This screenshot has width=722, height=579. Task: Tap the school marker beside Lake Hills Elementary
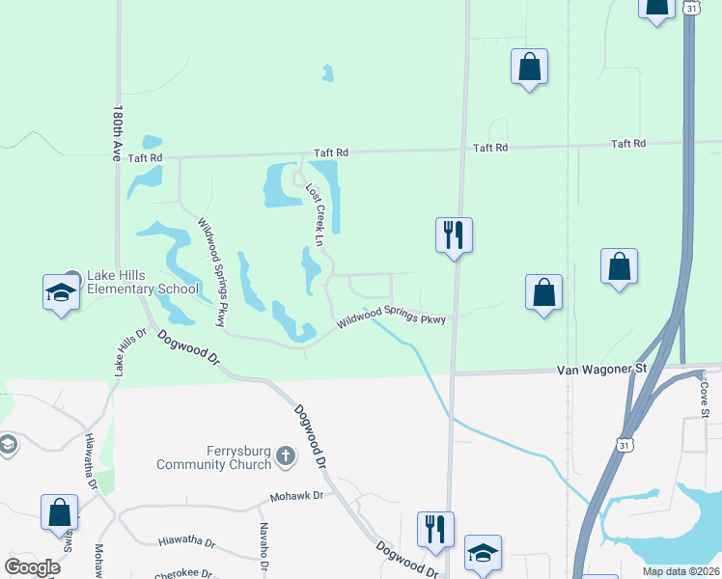click(60, 291)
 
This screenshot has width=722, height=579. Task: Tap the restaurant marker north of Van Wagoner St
click(454, 234)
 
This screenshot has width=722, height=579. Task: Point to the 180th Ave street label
click(120, 133)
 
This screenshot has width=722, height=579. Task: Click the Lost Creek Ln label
click(315, 214)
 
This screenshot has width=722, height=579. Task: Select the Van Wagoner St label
click(601, 371)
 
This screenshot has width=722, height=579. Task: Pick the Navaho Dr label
click(263, 545)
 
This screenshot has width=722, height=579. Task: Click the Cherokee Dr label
click(183, 574)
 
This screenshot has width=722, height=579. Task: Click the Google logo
click(33, 567)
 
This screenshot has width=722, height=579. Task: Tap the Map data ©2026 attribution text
click(680, 570)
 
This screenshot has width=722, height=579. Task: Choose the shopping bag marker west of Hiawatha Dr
click(59, 512)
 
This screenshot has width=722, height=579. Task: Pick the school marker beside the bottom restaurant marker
click(483, 553)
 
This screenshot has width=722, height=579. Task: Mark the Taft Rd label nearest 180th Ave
click(145, 157)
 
